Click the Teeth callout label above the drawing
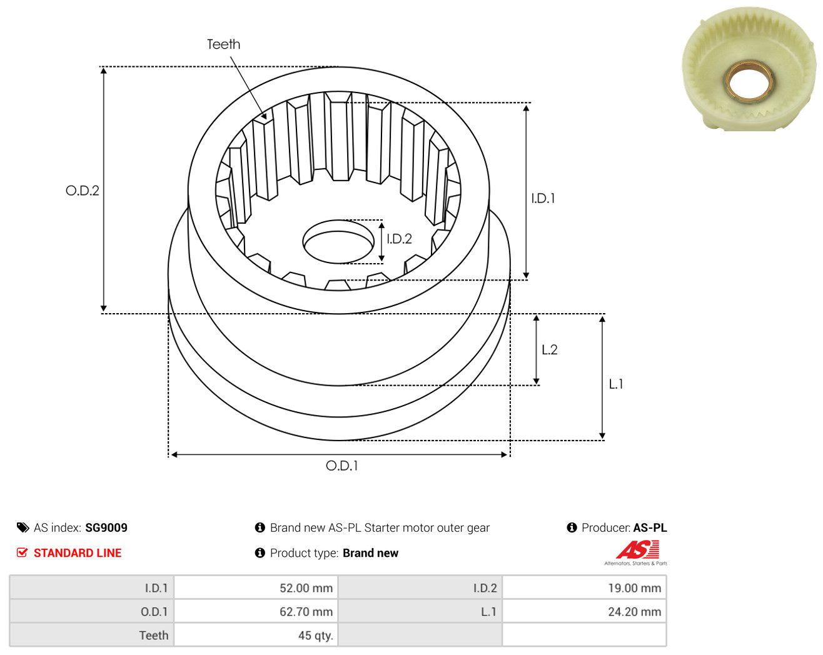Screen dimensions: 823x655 [x=223, y=44]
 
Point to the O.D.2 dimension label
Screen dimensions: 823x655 [x=82, y=190]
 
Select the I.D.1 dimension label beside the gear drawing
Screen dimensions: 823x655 [x=543, y=198]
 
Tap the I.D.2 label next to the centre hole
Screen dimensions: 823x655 [x=399, y=239]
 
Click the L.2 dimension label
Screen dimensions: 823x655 [x=550, y=349]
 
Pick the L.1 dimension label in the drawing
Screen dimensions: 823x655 [x=616, y=384]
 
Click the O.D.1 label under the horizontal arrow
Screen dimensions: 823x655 [x=342, y=466]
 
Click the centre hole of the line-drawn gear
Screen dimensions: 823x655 [x=338, y=241]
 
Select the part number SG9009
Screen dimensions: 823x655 [x=106, y=527]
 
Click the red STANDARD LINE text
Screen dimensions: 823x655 [x=78, y=552]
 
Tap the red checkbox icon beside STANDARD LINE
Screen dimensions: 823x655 [x=22, y=552]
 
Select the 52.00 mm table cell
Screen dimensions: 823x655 [x=256, y=587]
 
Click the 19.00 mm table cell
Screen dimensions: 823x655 [x=584, y=587]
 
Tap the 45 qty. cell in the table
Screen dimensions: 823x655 [x=256, y=635]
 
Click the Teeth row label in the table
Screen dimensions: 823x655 [x=154, y=635]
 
